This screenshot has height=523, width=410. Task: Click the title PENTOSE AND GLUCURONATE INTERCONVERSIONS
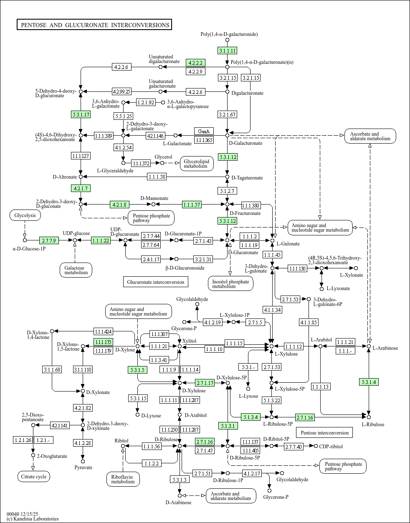coord(95,25)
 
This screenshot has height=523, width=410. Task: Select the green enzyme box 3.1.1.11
coord(228,51)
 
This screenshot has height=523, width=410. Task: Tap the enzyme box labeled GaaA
coord(204,131)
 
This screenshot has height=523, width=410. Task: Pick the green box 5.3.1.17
coord(81,114)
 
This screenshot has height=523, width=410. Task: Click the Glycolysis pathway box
coord(25,215)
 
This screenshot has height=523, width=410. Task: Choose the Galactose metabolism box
coord(76,270)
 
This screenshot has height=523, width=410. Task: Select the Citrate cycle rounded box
coord(34,477)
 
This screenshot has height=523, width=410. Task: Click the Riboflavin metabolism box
coord(123,479)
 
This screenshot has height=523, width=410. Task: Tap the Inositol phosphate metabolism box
coord(230,284)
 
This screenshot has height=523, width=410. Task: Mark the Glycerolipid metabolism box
coord(197,164)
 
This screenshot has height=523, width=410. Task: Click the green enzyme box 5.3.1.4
coord(369,382)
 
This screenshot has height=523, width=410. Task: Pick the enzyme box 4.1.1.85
coord(309,322)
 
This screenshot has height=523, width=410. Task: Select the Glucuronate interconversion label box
coord(155,282)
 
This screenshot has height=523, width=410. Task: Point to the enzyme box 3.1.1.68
coord(52,369)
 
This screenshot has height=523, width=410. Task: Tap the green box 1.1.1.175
coord(104,342)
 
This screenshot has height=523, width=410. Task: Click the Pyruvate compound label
coord(83,467)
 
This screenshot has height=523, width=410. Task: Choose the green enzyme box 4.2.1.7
coord(81,188)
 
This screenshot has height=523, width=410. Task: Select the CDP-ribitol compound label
coord(331,447)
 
